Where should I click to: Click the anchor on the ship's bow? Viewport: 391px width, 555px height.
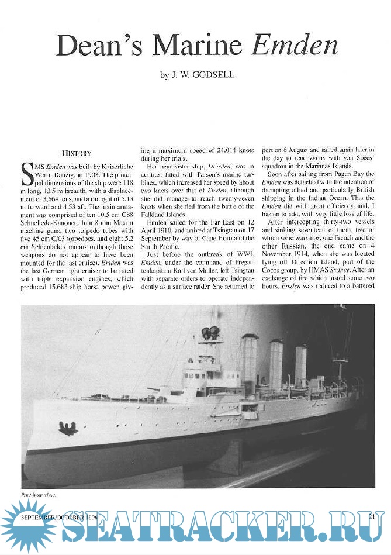pyautogui.click(x=68, y=429)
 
